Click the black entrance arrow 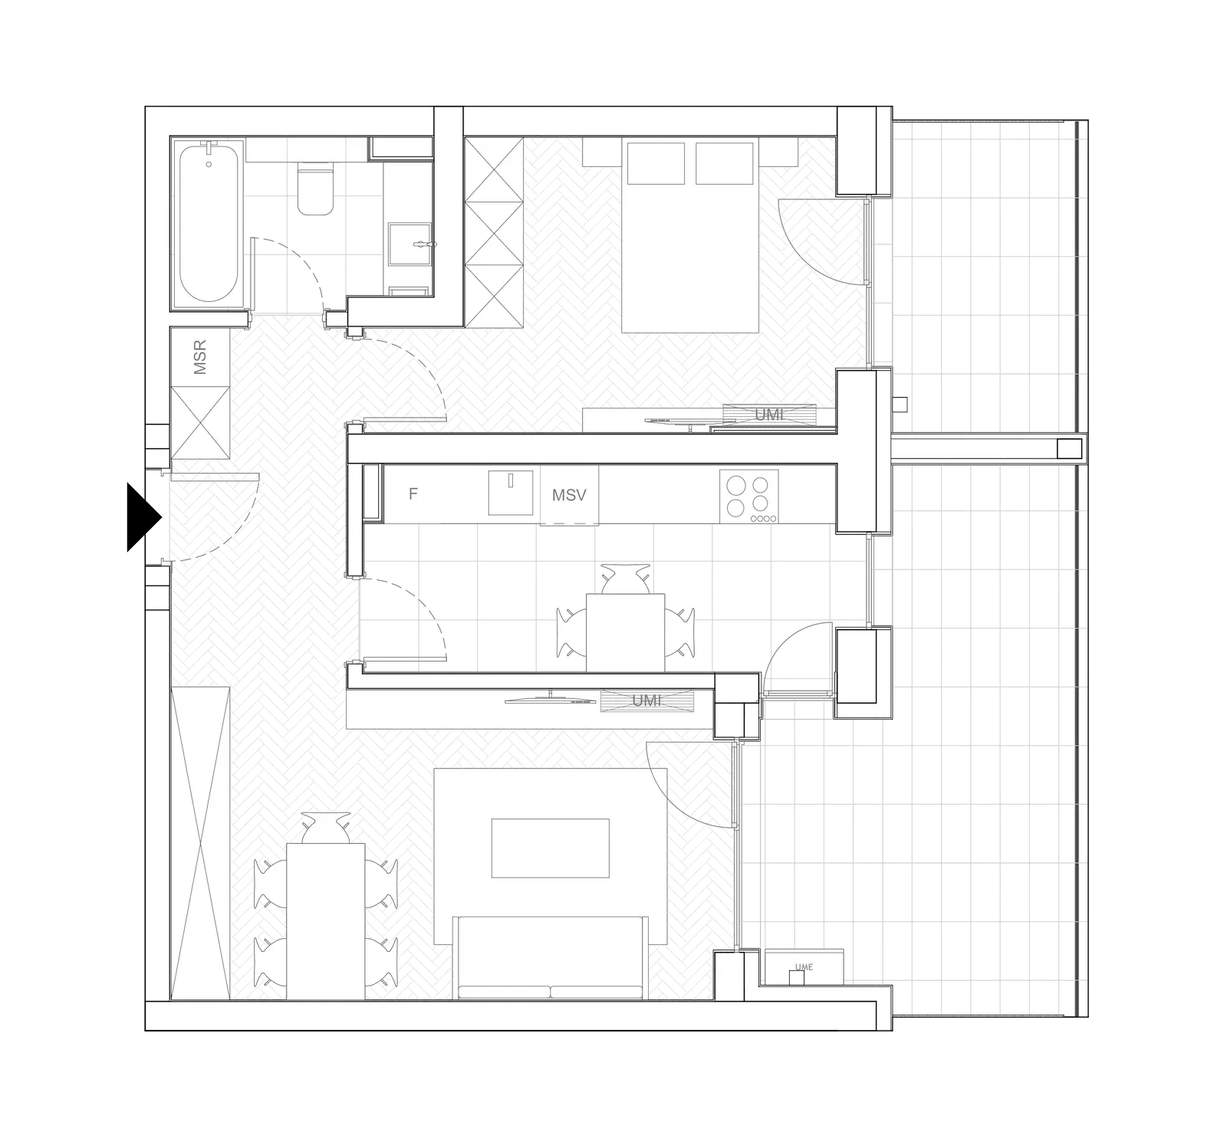[x=143, y=517]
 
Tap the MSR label [x=200, y=357]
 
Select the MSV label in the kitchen [x=569, y=495]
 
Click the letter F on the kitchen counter [x=413, y=494]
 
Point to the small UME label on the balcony [x=804, y=967]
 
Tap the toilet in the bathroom [x=315, y=189]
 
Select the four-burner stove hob [x=749, y=497]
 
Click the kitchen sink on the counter [x=511, y=493]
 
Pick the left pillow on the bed [x=656, y=163]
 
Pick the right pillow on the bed [x=724, y=163]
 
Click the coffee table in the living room [x=550, y=848]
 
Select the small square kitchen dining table [x=626, y=632]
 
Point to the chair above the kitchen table [x=626, y=579]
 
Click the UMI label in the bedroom [x=769, y=414]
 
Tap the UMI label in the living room [x=646, y=700]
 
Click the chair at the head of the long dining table [x=326, y=828]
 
